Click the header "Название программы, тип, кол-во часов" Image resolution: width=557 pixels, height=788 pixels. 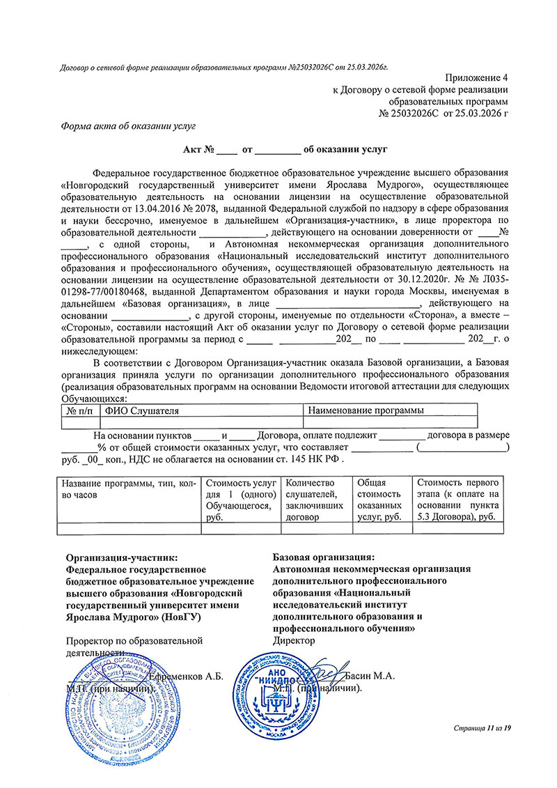click(128, 488)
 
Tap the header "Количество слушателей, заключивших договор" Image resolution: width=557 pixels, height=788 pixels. click(314, 500)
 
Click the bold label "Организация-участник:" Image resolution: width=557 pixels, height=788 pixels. click(121, 557)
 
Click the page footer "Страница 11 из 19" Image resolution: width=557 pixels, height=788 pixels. click(482, 728)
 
